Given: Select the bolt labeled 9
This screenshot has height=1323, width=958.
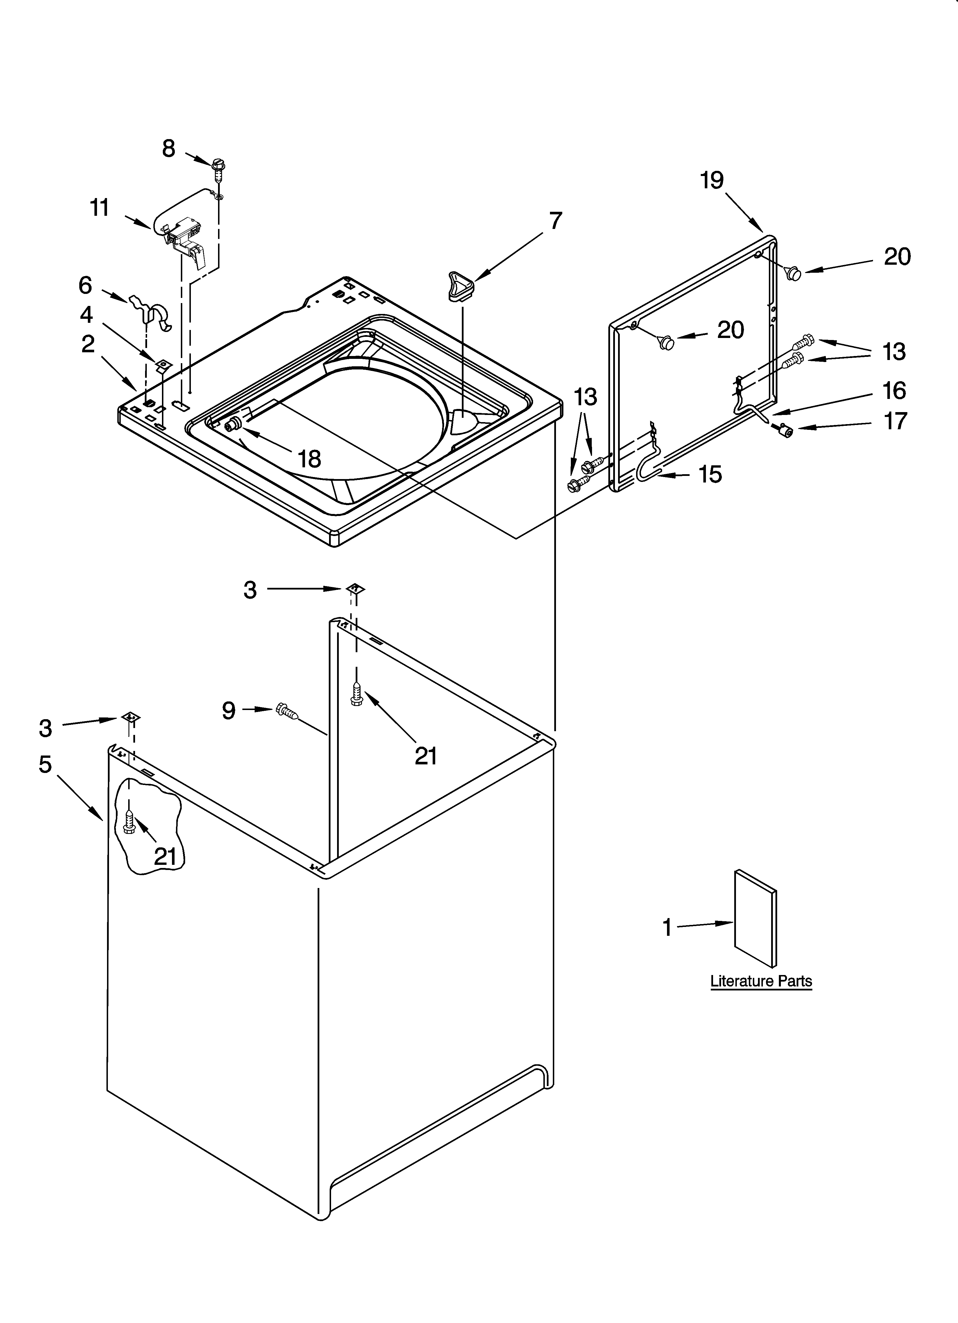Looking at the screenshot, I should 287,711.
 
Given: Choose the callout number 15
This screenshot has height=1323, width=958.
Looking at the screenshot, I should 710,474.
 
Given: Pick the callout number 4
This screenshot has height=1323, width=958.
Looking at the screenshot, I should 86,315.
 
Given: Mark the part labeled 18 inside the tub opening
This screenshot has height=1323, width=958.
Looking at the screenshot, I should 235,424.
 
